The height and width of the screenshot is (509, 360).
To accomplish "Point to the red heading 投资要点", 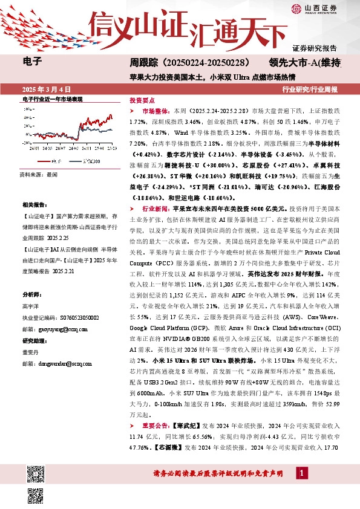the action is pyautogui.click(x=142, y=100).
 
